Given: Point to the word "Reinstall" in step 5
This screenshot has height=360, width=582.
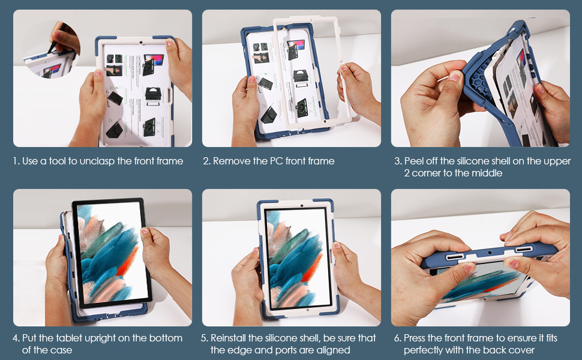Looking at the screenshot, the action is coord(228,338).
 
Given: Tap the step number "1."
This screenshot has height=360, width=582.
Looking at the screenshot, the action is coord(16,161).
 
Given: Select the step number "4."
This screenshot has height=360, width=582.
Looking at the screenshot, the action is coord(16,338).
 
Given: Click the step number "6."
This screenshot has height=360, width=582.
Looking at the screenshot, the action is coord(398,338).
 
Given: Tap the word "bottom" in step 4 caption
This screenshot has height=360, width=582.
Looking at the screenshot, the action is coord(166,338).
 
